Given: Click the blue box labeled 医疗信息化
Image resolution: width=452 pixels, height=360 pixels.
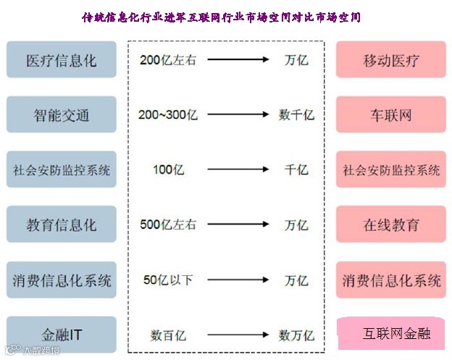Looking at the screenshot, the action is [x=61, y=60].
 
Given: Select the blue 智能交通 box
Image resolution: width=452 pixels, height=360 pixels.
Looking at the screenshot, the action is [x=61, y=114].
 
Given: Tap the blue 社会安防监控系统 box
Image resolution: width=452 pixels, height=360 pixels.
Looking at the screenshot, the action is [x=61, y=170].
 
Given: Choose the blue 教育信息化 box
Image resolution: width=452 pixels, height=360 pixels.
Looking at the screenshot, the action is [x=61, y=225].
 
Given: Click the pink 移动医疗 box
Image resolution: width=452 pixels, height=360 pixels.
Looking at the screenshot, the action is [x=391, y=60].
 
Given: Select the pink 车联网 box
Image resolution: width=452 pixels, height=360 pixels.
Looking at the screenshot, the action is [x=391, y=114].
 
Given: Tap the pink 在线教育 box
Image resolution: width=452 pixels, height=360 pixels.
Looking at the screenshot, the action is [x=391, y=225].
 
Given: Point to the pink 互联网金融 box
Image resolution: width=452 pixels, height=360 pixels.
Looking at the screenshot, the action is [x=396, y=333].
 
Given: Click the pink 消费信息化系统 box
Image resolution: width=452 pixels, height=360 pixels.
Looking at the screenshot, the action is [x=391, y=280].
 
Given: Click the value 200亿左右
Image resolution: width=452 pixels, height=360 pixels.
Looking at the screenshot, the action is [x=167, y=60].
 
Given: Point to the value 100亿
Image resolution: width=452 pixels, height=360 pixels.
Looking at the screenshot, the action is [x=167, y=170].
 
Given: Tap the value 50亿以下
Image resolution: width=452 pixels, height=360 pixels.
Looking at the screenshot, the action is [x=168, y=280].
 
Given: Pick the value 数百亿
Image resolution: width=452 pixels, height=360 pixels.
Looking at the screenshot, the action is [x=168, y=335].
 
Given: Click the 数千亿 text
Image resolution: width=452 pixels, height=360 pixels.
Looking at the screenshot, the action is [x=296, y=114].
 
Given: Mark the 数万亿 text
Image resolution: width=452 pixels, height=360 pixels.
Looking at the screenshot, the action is [x=296, y=335].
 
